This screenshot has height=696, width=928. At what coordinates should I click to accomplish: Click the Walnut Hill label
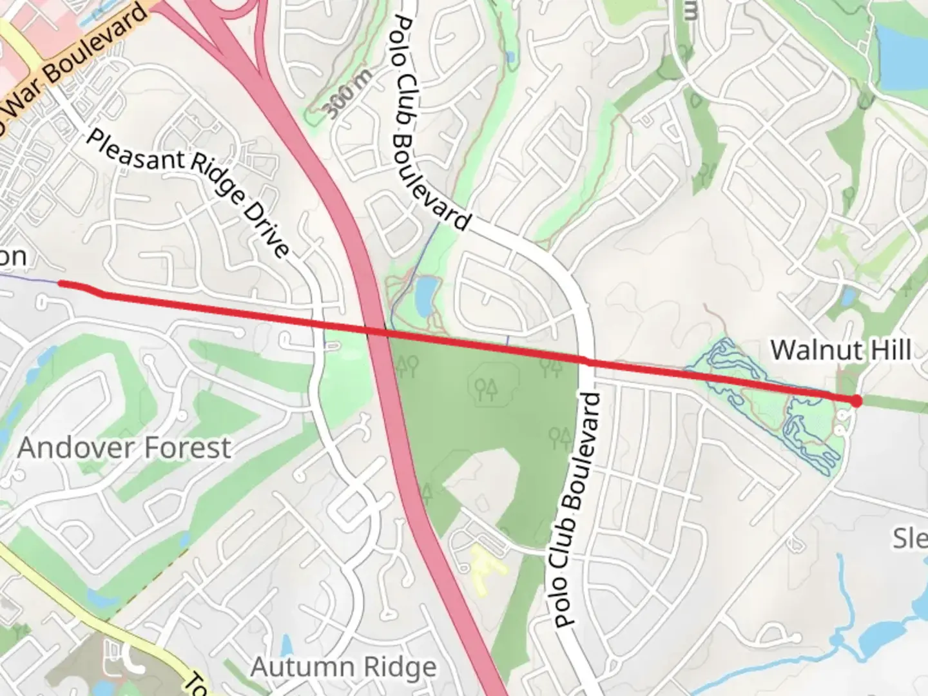click(x=840, y=351)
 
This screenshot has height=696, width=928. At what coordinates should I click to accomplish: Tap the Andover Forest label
click(x=124, y=447)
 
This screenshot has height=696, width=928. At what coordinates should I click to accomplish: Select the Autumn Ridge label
click(x=343, y=667)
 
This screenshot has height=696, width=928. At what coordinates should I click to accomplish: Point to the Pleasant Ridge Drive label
click(x=187, y=193)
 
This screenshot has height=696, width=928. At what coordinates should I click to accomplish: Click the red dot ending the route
click(x=856, y=401)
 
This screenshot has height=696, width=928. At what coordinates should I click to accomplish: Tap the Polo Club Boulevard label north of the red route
click(x=430, y=116)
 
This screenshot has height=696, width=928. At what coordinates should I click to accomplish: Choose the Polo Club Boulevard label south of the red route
click(x=577, y=509)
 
